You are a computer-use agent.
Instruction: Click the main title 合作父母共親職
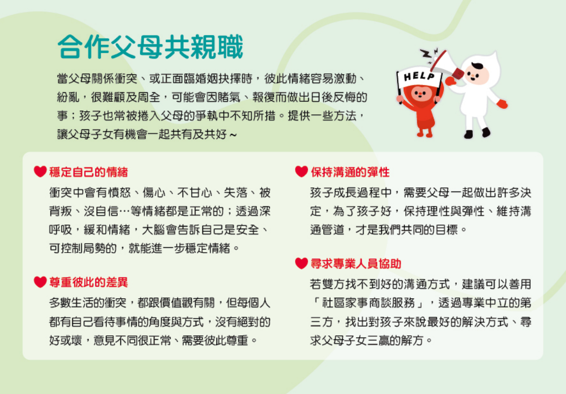(150, 47)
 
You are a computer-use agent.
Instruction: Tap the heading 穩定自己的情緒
(89, 172)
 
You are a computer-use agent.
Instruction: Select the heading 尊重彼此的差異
(89, 282)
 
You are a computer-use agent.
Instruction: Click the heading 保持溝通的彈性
(350, 172)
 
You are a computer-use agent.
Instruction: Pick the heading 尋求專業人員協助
(356, 264)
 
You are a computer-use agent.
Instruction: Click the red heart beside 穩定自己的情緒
(40, 171)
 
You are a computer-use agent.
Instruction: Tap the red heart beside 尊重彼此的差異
(40, 282)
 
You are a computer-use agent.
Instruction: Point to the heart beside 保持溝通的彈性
(302, 171)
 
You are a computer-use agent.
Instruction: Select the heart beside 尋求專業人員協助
(302, 263)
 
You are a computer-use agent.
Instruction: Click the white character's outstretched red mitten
(502, 104)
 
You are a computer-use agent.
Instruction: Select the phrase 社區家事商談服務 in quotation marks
(368, 303)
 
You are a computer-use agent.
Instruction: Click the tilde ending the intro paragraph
(233, 135)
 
